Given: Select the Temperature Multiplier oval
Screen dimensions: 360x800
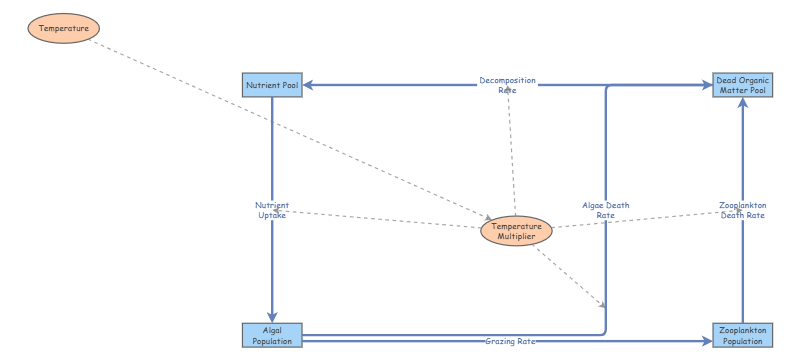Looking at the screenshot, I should (516, 231).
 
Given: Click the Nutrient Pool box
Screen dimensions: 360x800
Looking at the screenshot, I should (272, 85).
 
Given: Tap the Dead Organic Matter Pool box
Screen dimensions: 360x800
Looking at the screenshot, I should (742, 85).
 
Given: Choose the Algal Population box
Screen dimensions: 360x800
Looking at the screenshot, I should (272, 335).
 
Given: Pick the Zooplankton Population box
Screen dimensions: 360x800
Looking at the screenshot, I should (742, 335).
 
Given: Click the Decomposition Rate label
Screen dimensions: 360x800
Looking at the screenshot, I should (507, 85).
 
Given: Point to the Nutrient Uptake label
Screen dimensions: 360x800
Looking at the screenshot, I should (271, 210).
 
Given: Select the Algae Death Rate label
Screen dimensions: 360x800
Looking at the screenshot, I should (605, 210).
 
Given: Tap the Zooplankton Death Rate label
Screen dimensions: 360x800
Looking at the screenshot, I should (742, 210).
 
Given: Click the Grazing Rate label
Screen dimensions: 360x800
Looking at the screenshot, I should (510, 342).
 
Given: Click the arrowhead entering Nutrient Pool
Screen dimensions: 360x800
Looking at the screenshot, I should (309, 85).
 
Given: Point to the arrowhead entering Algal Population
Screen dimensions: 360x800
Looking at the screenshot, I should (272, 316).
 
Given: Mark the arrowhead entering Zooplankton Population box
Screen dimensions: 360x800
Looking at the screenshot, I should (706, 341).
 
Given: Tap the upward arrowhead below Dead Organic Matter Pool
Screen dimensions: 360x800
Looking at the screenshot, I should (742, 104).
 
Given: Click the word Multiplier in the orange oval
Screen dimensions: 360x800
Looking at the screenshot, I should (516, 237).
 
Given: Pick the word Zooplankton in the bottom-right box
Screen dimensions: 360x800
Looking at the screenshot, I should (742, 330).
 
